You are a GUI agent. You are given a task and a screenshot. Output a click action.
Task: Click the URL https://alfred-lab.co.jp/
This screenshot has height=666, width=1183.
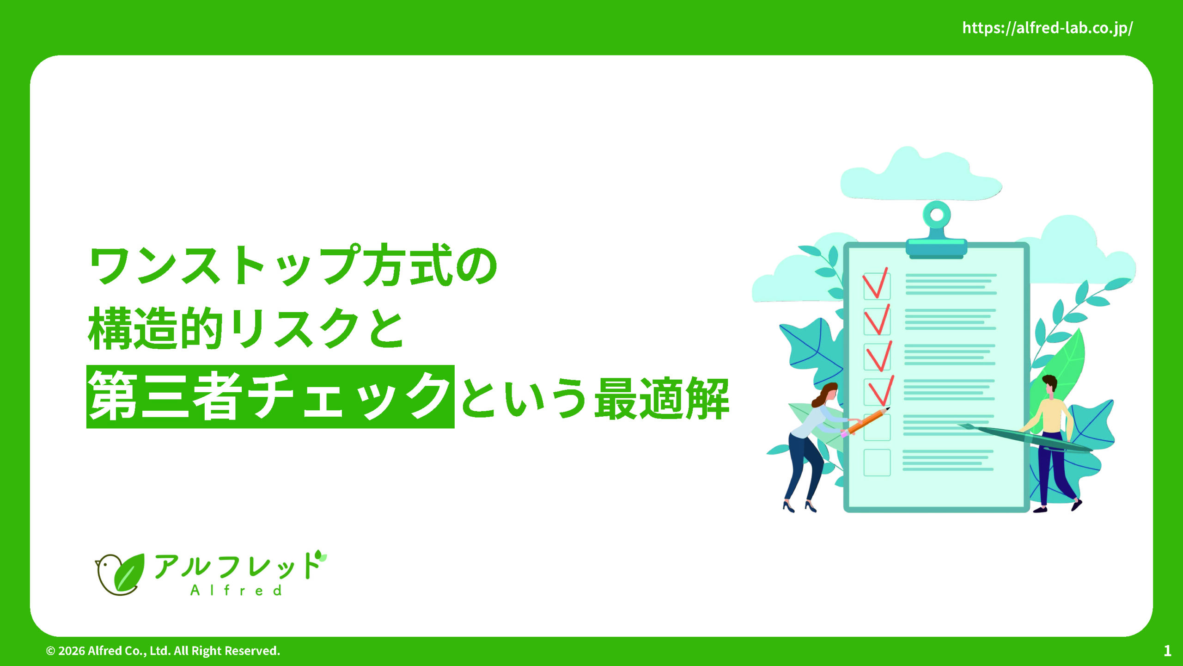tap(1047, 28)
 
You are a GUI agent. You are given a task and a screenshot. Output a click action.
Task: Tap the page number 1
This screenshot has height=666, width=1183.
tap(1167, 651)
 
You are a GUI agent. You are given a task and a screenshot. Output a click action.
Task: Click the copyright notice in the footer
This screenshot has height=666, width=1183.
tap(163, 651)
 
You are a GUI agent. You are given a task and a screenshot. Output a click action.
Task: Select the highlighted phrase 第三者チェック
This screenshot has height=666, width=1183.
tap(270, 396)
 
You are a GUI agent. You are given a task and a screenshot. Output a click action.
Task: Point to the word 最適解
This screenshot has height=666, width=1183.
tap(662, 398)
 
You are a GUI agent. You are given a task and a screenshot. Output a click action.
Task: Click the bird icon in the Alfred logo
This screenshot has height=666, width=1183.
tap(119, 574)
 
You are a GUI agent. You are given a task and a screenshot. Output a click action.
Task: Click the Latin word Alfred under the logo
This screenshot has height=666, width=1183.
tap(236, 590)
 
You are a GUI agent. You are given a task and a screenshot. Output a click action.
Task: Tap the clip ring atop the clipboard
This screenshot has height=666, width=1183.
tap(937, 215)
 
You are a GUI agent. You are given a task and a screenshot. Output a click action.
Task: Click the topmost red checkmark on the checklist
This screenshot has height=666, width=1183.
tap(875, 283)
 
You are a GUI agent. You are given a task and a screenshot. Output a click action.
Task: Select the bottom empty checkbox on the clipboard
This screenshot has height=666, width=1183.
tap(877, 462)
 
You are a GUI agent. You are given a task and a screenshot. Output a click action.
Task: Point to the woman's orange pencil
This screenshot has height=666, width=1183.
tap(865, 422)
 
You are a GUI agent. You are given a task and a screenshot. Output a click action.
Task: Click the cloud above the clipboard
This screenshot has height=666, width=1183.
tap(921, 175)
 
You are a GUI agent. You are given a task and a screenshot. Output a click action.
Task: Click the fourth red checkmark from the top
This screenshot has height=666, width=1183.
tap(881, 391)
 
